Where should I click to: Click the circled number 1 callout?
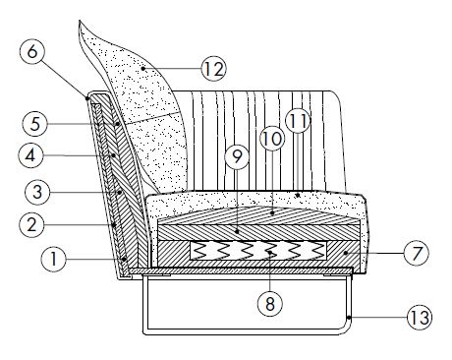point(53,260)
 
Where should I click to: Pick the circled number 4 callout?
point(33,155)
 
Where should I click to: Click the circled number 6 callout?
point(30,51)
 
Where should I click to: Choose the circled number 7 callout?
point(416,253)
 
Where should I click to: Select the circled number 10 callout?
point(272,139)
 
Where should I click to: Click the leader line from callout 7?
point(378,253)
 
